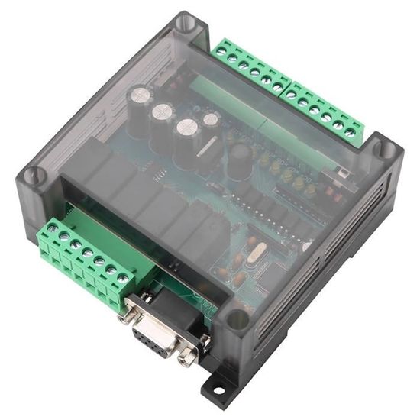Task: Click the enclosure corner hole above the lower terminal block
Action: click(32, 176)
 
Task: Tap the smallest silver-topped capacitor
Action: click(212, 118)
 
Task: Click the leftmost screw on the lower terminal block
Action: click(51, 227)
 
